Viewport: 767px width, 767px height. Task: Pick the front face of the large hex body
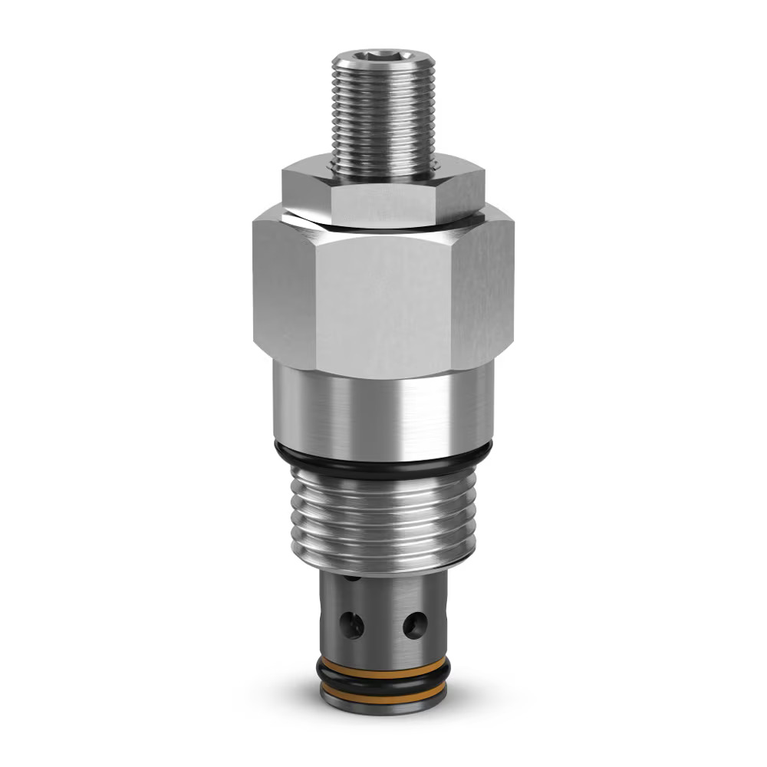coord(383,307)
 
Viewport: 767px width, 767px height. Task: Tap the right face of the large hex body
coord(483,291)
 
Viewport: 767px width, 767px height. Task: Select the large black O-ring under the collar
coord(383,466)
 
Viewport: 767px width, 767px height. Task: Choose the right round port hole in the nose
coord(415,625)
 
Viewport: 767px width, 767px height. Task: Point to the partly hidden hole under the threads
coord(351,577)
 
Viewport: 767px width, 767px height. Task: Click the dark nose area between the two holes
coord(383,625)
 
